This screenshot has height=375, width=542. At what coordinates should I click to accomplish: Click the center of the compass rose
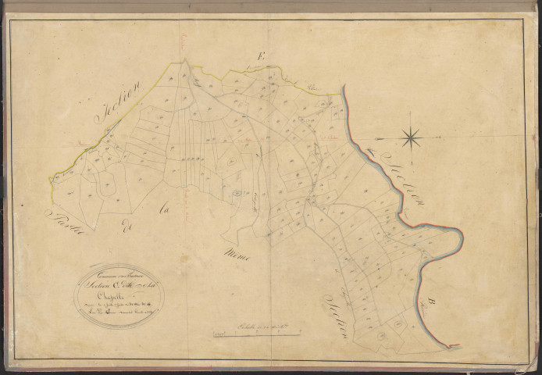[412, 139]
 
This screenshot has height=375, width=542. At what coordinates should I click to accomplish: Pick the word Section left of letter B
[337, 312]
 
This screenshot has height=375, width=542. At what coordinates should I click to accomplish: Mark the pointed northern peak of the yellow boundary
[184, 60]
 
